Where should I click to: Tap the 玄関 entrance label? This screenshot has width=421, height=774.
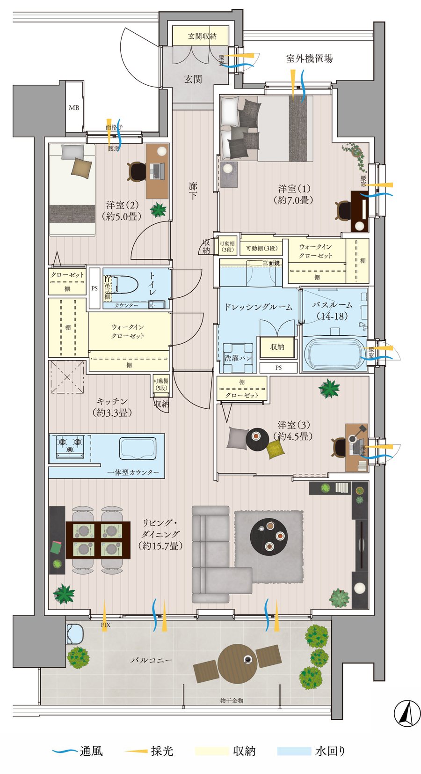tap(193, 79)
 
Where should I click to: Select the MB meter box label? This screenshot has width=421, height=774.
tap(74, 108)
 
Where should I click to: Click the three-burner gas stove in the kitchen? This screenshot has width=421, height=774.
tap(70, 446)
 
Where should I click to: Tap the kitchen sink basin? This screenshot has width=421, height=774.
tap(138, 448)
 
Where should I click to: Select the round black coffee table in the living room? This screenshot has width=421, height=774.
tap(269, 535)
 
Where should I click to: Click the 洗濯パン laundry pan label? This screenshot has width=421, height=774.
tap(239, 358)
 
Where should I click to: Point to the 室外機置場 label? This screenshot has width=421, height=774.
tap(309, 59)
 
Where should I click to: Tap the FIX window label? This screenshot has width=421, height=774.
tap(106, 625)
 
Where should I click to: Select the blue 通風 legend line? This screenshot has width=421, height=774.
tap(65, 751)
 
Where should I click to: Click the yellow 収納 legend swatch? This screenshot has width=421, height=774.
tap(212, 751)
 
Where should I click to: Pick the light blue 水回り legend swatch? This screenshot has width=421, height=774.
tap(294, 751)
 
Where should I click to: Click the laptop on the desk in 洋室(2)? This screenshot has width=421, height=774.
tap(157, 171)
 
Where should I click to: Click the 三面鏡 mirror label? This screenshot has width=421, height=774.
tap(271, 263)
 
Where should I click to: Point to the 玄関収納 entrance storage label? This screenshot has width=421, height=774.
tap(202, 36)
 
